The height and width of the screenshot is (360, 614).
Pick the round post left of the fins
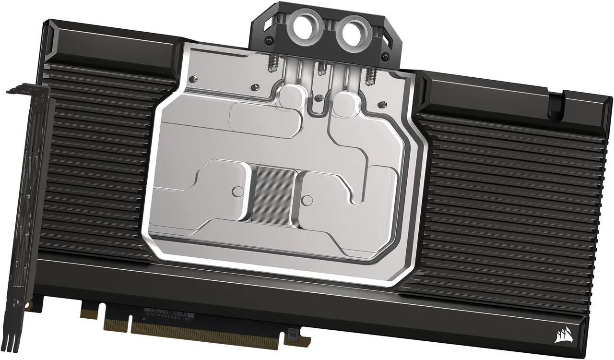[x=236, y=192]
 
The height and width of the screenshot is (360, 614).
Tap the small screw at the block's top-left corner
[x=192, y=78]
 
